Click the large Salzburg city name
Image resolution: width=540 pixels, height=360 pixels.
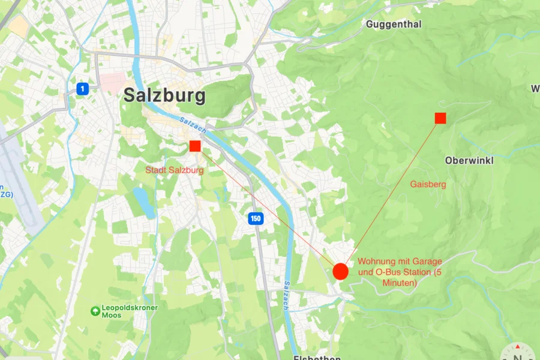click(x=164, y=95)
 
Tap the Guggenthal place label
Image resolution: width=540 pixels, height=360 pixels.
click(x=394, y=25)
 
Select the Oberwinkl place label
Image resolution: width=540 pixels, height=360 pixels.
click(x=469, y=161)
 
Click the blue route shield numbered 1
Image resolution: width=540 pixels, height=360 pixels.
click(x=83, y=89)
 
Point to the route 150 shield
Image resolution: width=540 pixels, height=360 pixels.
click(x=256, y=218)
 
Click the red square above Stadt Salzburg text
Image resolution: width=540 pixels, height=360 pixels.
click(x=195, y=146)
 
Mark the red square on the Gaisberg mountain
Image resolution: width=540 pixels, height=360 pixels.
click(x=440, y=118)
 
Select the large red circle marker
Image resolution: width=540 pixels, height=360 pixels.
click(x=340, y=271)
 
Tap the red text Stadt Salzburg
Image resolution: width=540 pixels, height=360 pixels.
click(x=175, y=170)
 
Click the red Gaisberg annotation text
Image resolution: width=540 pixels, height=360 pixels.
click(x=428, y=184)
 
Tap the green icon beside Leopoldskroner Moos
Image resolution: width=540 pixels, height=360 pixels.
click(x=95, y=311)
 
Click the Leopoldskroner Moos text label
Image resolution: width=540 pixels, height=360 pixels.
click(x=130, y=311)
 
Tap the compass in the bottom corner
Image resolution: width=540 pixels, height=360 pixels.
click(x=517, y=353)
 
